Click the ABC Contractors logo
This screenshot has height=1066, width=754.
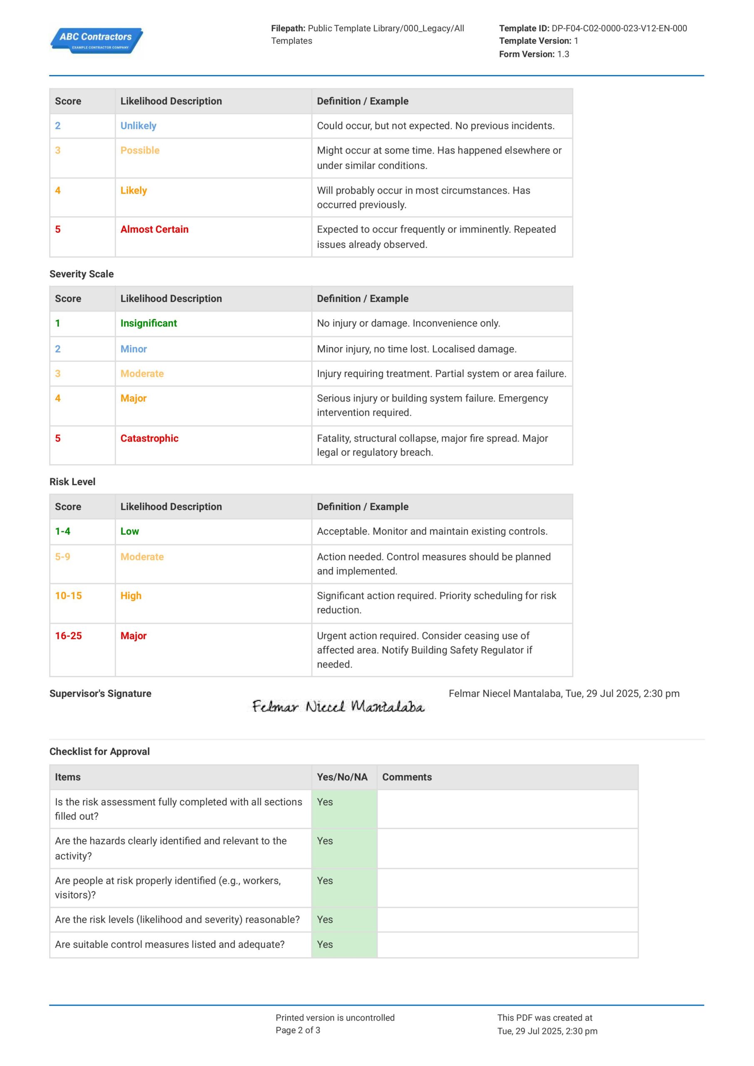(x=96, y=40)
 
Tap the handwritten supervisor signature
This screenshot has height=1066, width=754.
(x=338, y=707)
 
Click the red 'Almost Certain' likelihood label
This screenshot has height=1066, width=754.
(x=154, y=229)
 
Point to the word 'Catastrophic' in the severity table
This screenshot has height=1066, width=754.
(x=149, y=438)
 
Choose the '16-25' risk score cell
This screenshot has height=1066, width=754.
(x=68, y=635)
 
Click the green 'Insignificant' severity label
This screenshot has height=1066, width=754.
(x=149, y=323)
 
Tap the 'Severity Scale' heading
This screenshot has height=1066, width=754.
(x=81, y=274)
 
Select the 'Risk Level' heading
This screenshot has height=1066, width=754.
(x=72, y=481)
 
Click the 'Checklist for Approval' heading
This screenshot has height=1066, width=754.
(x=100, y=751)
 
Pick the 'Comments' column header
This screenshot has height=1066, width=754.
(x=407, y=777)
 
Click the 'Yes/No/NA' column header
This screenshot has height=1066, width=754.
(x=342, y=777)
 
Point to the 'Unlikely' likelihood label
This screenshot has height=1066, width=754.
(x=138, y=126)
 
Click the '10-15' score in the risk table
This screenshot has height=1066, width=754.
(x=68, y=596)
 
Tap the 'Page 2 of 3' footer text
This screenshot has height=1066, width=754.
(x=298, y=1030)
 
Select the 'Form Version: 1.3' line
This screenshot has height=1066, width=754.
(x=534, y=54)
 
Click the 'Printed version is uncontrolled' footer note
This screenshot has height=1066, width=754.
(x=335, y=1017)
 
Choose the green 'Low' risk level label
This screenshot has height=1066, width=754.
(x=129, y=531)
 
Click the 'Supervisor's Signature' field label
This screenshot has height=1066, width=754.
(x=100, y=693)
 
